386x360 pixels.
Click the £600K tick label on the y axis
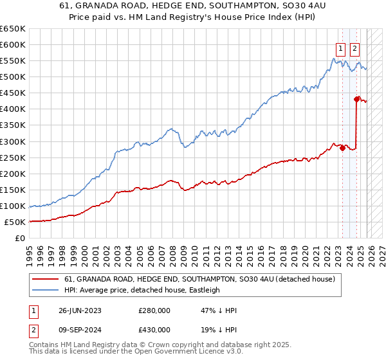coord(13,45)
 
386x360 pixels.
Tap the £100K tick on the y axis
coord(13,206)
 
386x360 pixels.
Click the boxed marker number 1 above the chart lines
coord(340,48)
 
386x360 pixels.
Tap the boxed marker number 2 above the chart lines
coord(355,48)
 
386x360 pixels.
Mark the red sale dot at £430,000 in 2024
coord(356,99)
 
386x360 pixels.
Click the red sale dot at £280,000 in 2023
coord(342,148)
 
